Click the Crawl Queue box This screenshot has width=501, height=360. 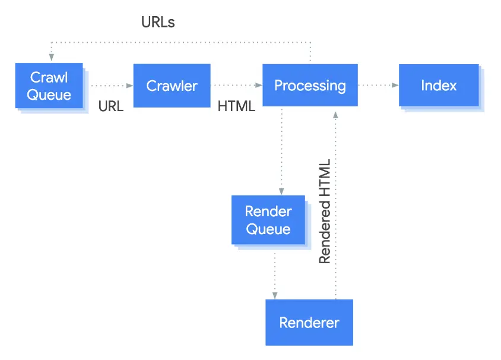(49, 86)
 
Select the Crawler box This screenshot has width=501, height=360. (172, 86)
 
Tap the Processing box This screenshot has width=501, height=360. (310, 85)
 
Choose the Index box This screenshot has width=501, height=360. (439, 85)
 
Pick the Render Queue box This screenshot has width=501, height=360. (268, 220)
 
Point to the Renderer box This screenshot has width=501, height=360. (309, 322)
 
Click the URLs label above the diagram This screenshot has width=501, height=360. (158, 22)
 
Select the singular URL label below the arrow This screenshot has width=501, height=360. (111, 106)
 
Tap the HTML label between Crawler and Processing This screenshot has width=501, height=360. (236, 106)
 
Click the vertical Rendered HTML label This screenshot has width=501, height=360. (325, 211)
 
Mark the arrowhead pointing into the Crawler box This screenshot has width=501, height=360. (129, 86)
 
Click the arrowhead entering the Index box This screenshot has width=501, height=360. (395, 85)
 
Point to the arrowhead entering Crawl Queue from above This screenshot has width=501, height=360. (52, 57)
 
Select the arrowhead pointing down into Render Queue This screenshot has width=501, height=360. (281, 191)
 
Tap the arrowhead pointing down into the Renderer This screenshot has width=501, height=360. (275, 295)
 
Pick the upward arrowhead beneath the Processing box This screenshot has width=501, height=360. (335, 115)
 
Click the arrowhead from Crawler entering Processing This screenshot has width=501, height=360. (258, 85)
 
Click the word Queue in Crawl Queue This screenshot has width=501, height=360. (49, 95)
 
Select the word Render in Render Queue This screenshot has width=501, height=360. (268, 211)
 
